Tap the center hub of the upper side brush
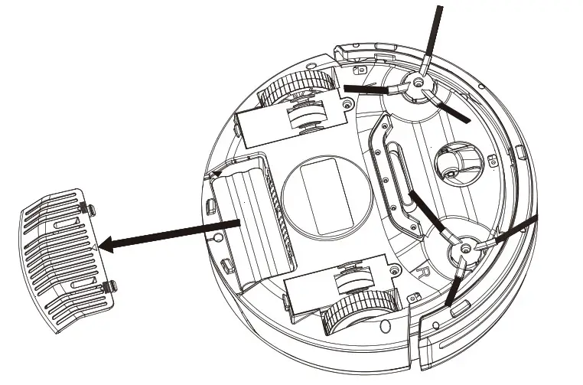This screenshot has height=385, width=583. pyautogui.click(x=419, y=82)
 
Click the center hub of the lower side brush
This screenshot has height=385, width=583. pyautogui.click(x=463, y=250)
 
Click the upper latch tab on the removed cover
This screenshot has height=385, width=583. pyautogui.click(x=90, y=210)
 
